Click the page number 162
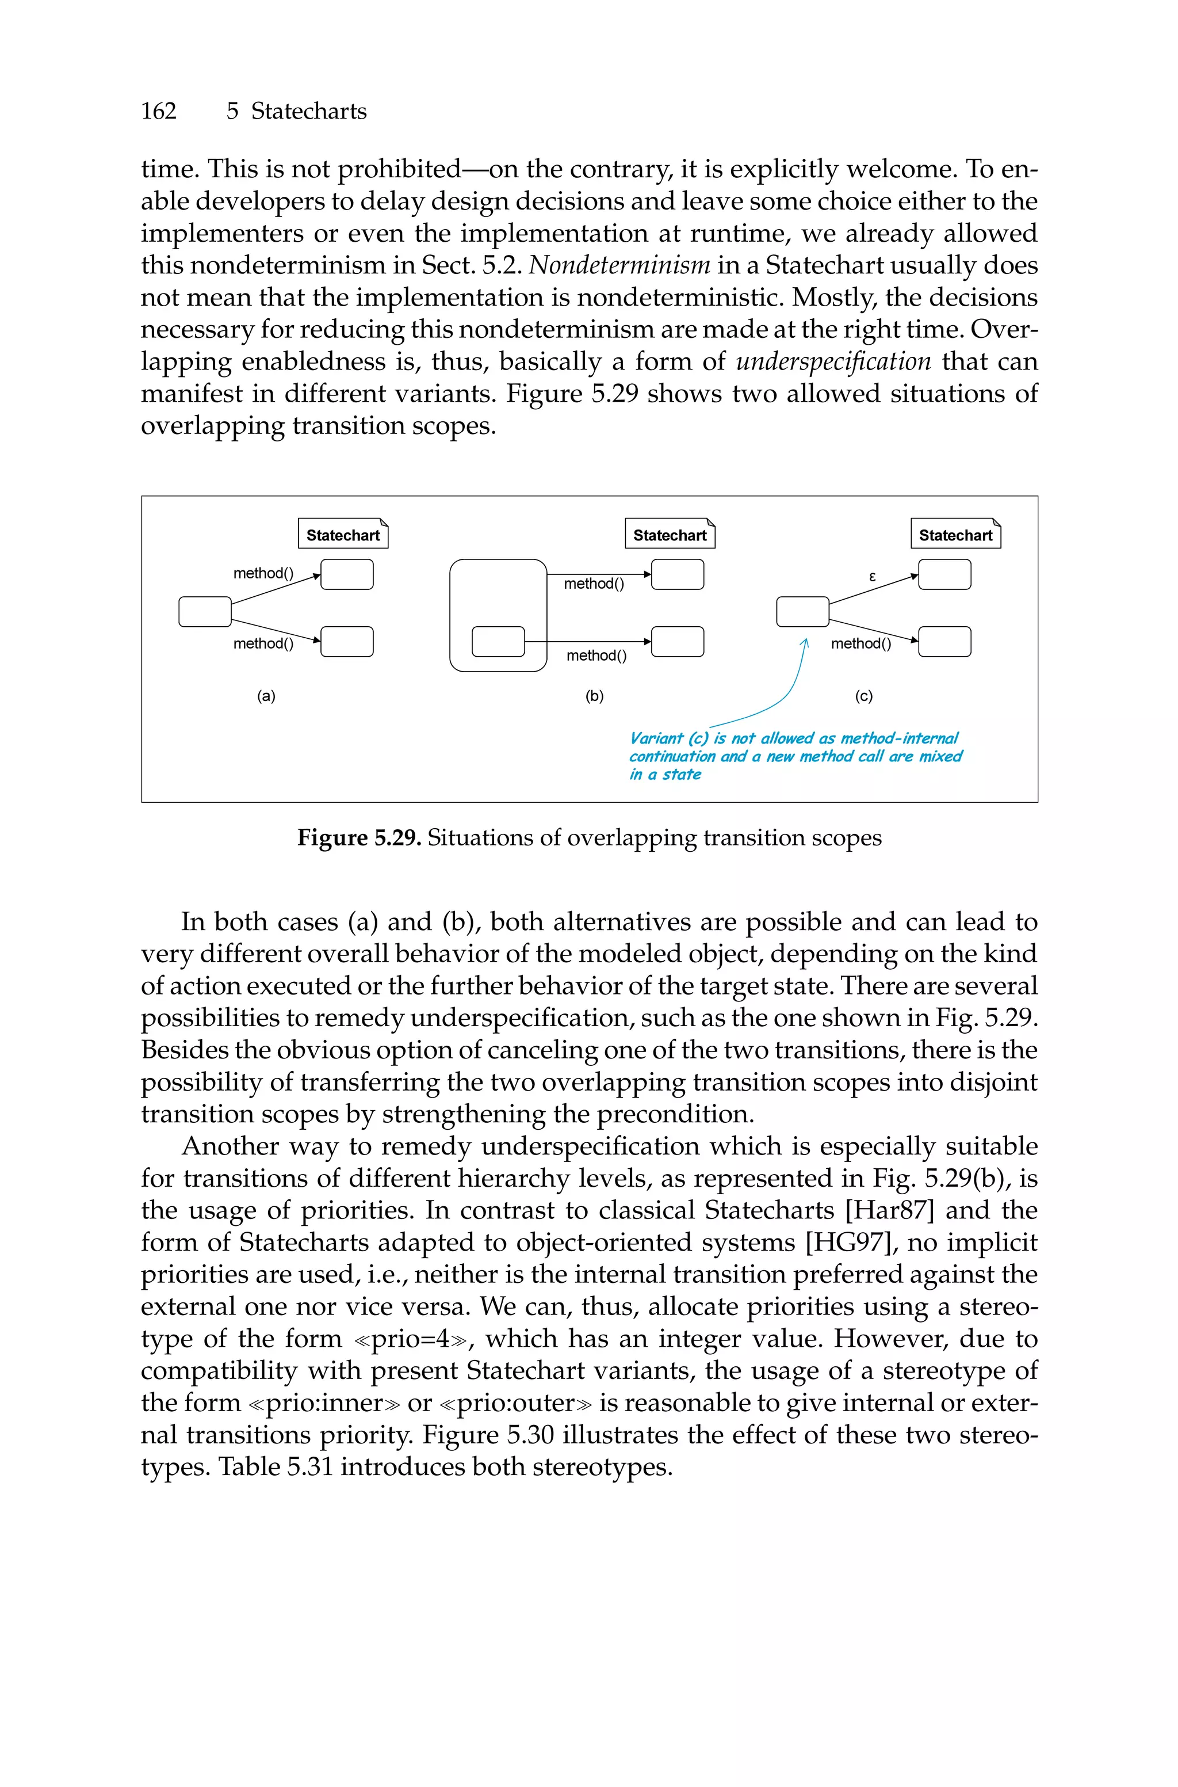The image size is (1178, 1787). (159, 111)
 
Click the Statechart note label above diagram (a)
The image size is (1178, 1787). (343, 535)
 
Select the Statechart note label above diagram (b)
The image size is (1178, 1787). (670, 535)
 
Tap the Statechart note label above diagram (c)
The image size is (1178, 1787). (955, 535)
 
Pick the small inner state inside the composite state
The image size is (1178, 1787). (498, 641)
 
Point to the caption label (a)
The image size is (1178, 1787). (266, 696)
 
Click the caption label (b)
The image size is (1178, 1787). (594, 696)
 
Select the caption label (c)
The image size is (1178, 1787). (864, 696)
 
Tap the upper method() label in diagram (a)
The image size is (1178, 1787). (263, 573)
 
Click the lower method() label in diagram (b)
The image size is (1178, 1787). (596, 656)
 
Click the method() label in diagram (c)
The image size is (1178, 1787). (861, 643)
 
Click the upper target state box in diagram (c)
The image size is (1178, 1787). (944, 575)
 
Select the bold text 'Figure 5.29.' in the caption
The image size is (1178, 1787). (359, 837)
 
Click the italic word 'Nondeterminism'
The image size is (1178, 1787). (620, 265)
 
